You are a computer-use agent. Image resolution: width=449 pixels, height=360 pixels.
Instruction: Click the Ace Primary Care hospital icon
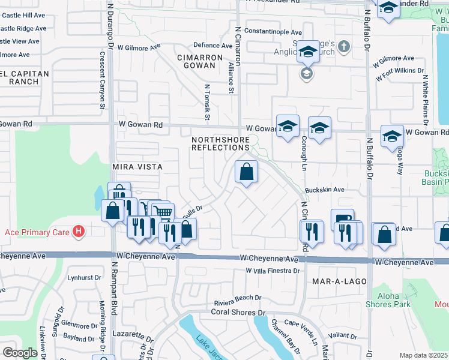78,231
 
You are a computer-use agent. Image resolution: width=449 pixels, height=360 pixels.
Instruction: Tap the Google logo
20,353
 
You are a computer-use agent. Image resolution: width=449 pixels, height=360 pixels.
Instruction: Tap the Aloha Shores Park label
393,300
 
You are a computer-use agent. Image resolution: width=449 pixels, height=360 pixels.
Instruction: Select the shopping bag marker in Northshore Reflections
246,173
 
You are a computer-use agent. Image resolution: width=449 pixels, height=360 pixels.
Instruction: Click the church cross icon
343,46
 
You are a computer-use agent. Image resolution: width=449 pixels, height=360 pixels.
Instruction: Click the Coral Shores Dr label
238,312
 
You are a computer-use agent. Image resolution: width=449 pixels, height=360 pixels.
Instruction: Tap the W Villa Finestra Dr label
272,271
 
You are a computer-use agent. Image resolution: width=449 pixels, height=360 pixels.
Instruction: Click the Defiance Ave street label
212,46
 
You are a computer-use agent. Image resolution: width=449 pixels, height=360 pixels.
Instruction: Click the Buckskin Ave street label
324,190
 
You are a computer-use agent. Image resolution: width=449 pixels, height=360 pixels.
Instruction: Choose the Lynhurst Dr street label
85,277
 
